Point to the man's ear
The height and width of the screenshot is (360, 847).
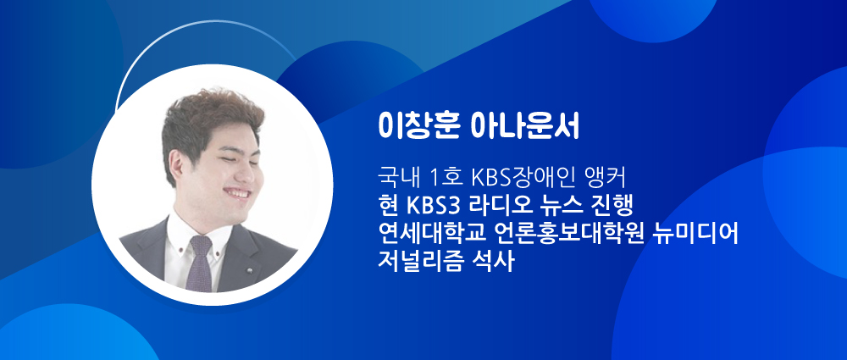(177, 168)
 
